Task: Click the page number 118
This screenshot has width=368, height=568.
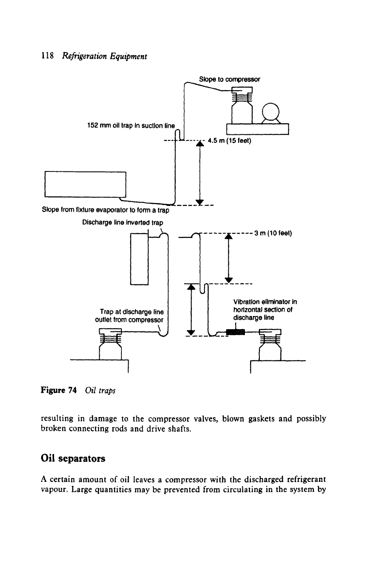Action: (x=47, y=56)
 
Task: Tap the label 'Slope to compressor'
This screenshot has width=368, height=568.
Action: (x=230, y=79)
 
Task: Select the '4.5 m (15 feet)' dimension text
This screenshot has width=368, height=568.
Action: (x=230, y=140)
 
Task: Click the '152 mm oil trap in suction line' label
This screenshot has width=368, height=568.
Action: (x=131, y=125)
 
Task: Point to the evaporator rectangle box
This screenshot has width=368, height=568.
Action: (x=85, y=184)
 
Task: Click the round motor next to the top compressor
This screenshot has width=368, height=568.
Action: (x=270, y=112)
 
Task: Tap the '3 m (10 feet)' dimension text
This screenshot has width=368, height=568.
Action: (x=273, y=233)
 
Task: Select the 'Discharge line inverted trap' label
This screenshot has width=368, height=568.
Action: (x=123, y=223)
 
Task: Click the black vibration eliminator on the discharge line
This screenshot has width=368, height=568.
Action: (x=236, y=332)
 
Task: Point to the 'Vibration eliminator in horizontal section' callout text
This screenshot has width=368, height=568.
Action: (x=265, y=310)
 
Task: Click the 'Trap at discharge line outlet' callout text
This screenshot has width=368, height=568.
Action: (x=129, y=316)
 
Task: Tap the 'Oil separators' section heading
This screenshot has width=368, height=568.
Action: (x=73, y=458)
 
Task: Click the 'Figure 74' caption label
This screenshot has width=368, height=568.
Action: (x=59, y=390)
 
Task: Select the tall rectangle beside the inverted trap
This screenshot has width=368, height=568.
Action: (x=139, y=259)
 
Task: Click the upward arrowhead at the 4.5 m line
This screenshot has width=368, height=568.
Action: (x=200, y=144)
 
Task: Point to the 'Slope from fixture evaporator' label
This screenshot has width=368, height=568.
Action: (x=106, y=210)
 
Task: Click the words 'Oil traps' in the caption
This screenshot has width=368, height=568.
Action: (x=100, y=391)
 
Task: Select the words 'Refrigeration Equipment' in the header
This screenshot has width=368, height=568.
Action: (x=105, y=56)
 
